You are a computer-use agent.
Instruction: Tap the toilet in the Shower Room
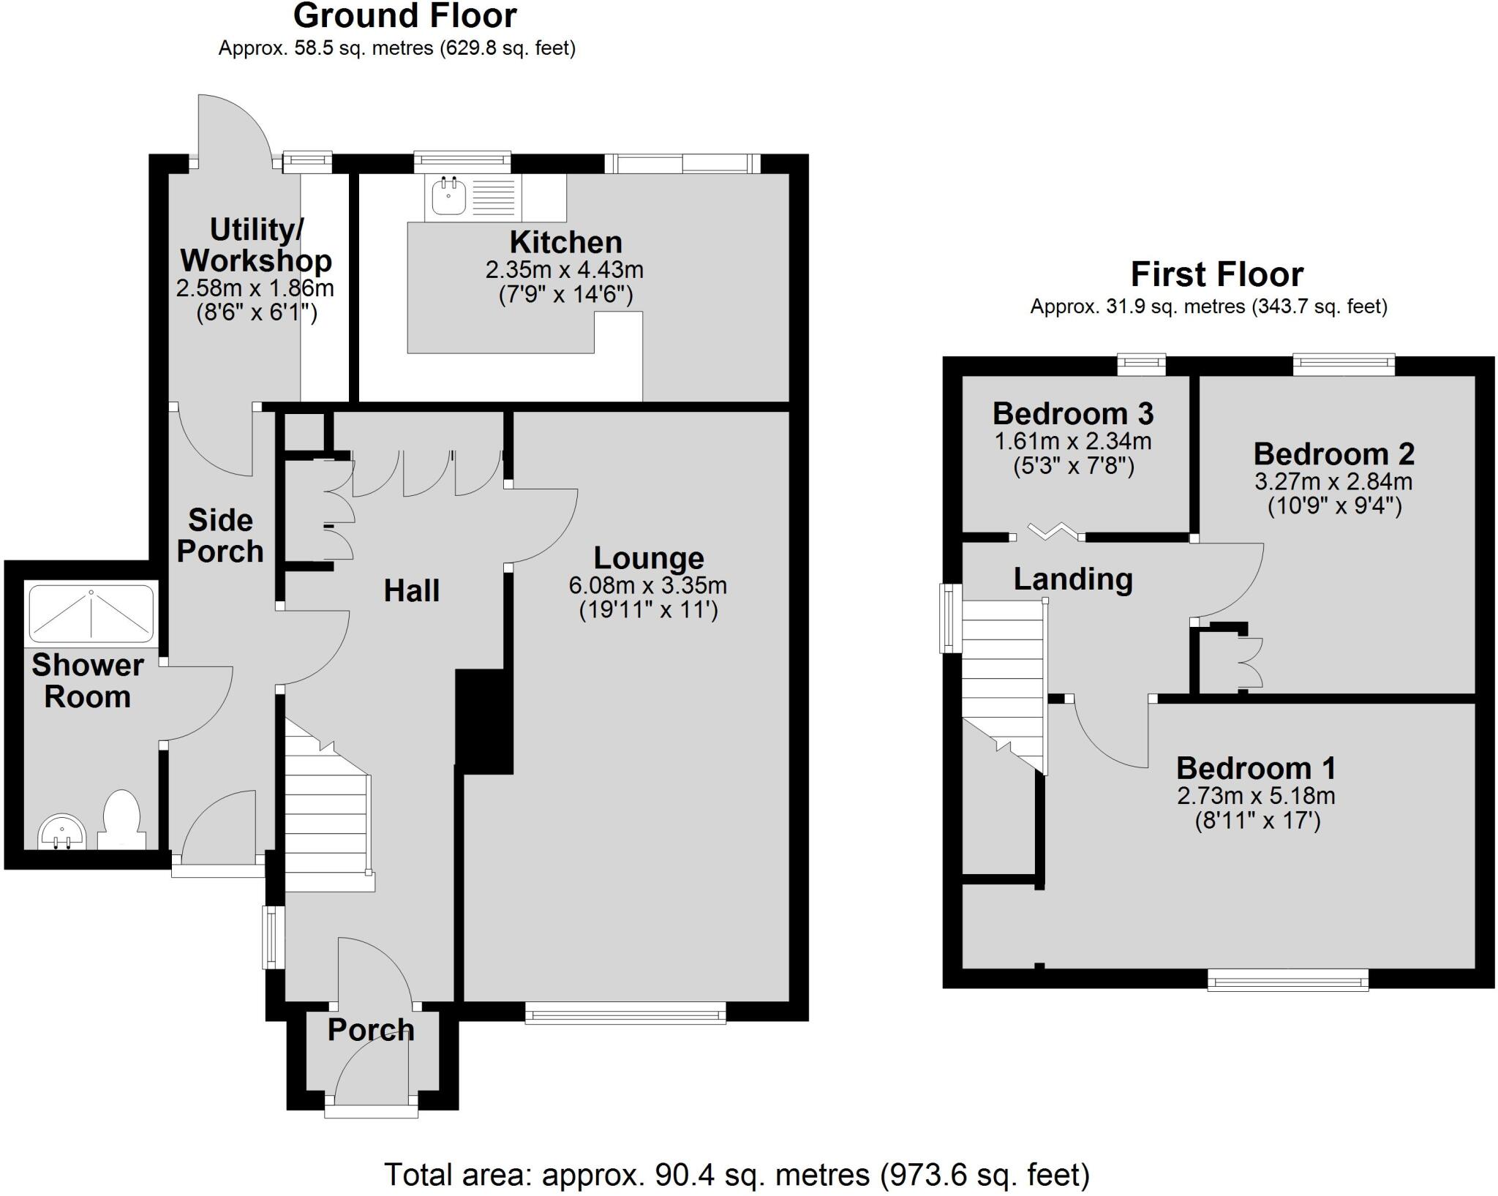(x=121, y=819)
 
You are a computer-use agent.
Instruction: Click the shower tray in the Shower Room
(x=91, y=613)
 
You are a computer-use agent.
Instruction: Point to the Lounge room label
(x=648, y=558)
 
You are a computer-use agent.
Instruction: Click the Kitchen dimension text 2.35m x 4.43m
(x=565, y=270)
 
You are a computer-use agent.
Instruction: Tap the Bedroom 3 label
(x=1072, y=414)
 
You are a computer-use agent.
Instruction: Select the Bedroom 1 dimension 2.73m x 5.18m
(x=1256, y=796)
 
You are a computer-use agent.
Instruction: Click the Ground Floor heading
(x=404, y=16)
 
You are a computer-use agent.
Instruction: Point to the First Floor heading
(x=1216, y=275)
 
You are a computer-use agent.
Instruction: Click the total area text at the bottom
(x=737, y=1175)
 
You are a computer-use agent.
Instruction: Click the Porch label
(x=371, y=1030)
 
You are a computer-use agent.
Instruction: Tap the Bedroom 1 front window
(x=1287, y=979)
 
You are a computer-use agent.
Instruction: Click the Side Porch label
(x=219, y=536)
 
